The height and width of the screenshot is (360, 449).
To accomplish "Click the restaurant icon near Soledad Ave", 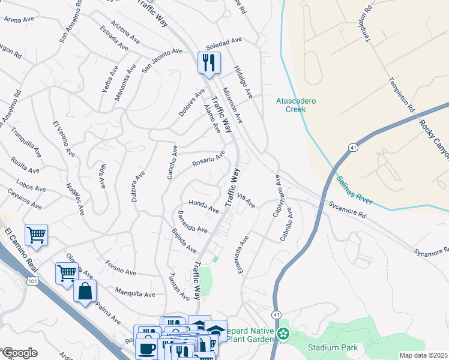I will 209,62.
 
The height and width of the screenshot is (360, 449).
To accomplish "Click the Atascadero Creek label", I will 295,105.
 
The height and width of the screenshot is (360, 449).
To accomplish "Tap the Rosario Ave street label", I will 208,159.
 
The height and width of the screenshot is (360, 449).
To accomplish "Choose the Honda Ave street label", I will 204,206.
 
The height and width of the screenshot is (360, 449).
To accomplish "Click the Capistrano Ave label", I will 278,191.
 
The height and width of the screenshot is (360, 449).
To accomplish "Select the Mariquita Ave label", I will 136,295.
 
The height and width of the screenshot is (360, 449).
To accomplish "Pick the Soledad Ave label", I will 223,43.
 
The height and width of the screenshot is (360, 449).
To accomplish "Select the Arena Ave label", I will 19,19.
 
